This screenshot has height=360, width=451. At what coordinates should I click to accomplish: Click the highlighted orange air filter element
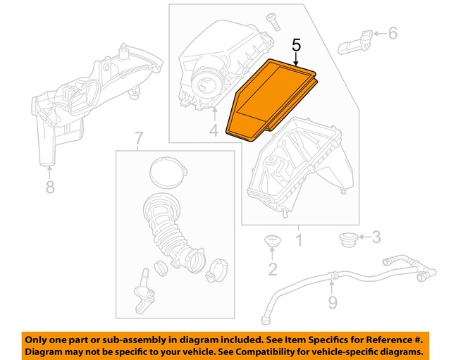click(271, 99)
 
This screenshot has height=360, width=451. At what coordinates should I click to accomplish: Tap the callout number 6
click(393, 32)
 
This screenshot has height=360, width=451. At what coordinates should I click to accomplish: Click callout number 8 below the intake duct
click(49, 187)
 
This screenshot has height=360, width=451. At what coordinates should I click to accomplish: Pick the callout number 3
click(376, 237)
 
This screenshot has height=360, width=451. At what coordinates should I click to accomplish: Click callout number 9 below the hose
click(332, 303)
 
